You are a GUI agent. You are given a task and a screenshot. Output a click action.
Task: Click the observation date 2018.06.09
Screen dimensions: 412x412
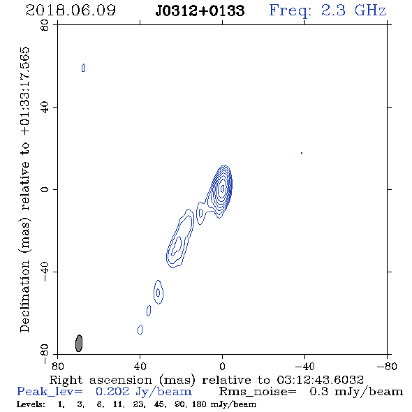pyautogui.click(x=71, y=10)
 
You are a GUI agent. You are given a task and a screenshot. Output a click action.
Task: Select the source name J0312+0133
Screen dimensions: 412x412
pyautogui.click(x=200, y=11)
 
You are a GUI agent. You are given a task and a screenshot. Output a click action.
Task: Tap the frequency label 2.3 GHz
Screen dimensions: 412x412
pyautogui.click(x=353, y=10)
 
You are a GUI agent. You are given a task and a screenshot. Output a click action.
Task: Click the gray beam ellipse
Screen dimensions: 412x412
pyautogui.click(x=79, y=343)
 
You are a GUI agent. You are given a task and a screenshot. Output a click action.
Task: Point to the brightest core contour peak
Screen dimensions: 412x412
pyautogui.click(x=223, y=189)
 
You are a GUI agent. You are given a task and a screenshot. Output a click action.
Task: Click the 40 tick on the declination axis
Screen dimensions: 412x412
pyautogui.click(x=45, y=108)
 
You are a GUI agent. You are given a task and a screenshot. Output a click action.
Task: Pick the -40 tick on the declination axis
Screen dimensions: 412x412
pyautogui.click(x=45, y=272)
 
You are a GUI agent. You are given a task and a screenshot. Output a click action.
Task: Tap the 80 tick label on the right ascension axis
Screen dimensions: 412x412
pyautogui.click(x=57, y=366)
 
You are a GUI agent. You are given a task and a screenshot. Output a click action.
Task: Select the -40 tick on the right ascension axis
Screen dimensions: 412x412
pyautogui.click(x=304, y=366)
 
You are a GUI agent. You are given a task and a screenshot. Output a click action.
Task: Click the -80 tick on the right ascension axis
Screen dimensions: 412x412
pyautogui.click(x=387, y=366)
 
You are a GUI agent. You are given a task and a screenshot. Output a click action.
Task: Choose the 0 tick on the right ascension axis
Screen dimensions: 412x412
pyautogui.click(x=222, y=366)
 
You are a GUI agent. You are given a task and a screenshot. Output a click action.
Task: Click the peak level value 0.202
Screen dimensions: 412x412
pyautogui.click(x=112, y=392)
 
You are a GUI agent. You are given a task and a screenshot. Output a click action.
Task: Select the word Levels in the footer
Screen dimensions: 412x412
pyautogui.click(x=30, y=404)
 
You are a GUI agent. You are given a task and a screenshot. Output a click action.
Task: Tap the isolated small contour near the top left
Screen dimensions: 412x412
pyautogui.click(x=83, y=68)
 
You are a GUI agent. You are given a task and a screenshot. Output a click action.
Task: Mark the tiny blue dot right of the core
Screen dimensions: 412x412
pyautogui.click(x=302, y=153)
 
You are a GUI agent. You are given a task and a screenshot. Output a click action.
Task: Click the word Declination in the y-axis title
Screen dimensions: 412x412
pyautogui.click(x=24, y=297)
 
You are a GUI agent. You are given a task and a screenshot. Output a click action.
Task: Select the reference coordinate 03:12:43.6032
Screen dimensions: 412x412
pyautogui.click(x=320, y=380)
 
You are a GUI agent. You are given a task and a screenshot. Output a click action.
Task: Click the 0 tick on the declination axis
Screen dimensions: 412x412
pyautogui.click(x=45, y=189)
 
